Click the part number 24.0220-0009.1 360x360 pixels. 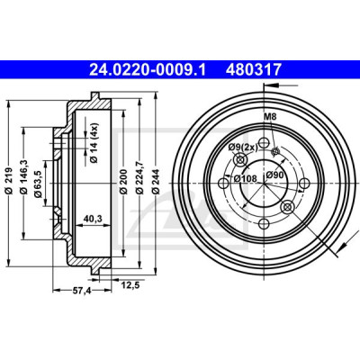[x=148, y=69]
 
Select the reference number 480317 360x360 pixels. [x=254, y=69]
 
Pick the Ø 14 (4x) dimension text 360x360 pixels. [x=94, y=143]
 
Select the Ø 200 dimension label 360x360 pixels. [x=123, y=182]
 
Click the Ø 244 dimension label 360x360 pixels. [x=155, y=182]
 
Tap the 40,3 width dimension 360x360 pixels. [x=93, y=219]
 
